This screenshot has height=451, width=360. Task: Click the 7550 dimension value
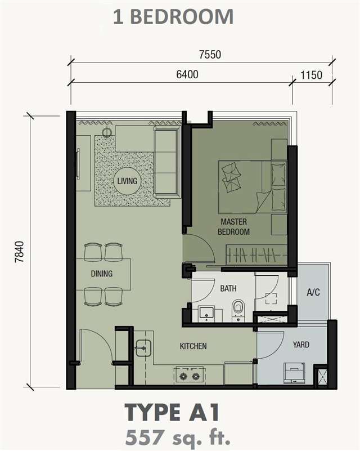point(210,55)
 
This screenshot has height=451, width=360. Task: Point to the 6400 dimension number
point(187,74)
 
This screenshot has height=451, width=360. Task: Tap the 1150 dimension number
point(312,75)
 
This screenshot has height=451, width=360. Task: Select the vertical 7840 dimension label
point(20,252)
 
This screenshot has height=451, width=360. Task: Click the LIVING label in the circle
point(127,181)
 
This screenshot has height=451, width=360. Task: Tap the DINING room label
point(102,274)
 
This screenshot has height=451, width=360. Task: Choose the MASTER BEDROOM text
point(233,227)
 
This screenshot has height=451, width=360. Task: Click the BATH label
point(228,288)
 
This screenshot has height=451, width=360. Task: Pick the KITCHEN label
point(193,346)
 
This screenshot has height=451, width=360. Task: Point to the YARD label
point(301,345)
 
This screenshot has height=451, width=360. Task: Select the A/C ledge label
point(313,293)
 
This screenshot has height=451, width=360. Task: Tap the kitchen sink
point(143,348)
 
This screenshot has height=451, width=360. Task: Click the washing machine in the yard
point(294,373)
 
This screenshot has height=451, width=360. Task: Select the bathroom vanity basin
point(206,314)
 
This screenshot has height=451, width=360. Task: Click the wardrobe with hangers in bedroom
point(256,254)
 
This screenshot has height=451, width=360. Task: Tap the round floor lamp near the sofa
point(107,132)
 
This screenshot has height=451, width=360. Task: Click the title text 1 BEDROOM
point(173,17)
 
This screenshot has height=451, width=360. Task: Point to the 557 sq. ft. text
point(178,437)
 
